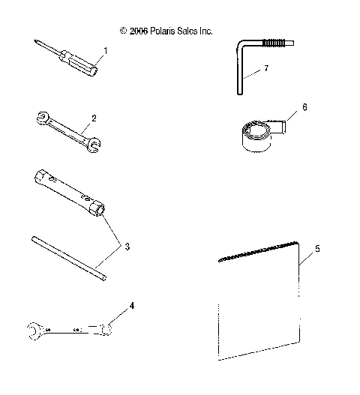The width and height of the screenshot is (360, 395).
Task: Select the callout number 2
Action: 94,118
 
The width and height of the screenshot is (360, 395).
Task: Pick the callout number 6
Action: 304,107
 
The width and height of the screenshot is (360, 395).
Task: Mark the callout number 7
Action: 265,67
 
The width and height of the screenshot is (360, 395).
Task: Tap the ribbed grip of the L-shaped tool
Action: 275,44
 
